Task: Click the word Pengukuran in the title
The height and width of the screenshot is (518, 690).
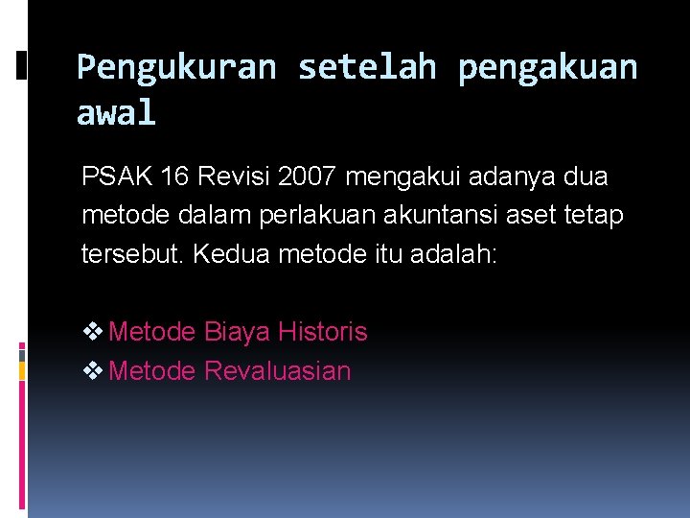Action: (175, 67)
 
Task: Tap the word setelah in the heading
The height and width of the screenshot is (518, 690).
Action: (366, 67)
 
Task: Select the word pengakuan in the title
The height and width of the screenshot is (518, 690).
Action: (547, 67)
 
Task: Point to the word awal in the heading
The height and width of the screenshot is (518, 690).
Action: (115, 113)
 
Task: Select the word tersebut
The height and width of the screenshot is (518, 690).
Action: (126, 255)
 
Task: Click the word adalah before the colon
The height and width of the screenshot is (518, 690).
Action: (454, 255)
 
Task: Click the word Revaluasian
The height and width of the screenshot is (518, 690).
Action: (278, 371)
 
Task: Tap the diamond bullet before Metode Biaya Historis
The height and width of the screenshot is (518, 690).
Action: (93, 333)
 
